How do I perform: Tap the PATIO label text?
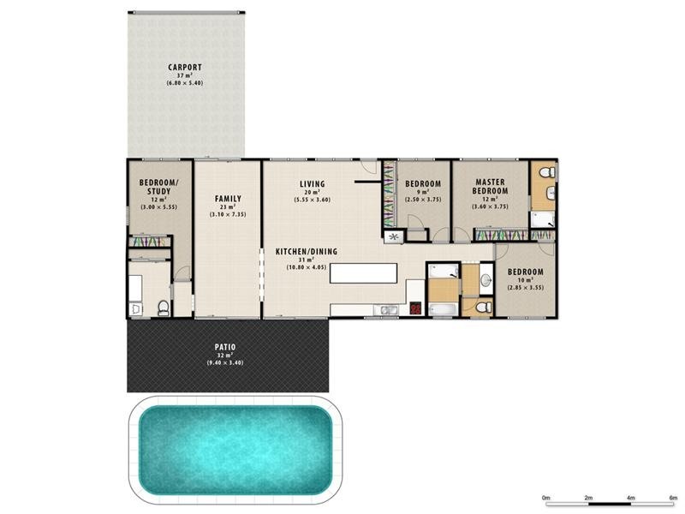point(224,347)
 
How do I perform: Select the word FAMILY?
point(227,198)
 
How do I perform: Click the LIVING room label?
point(312,184)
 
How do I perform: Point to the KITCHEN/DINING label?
point(306,252)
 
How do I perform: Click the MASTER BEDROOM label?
point(490,186)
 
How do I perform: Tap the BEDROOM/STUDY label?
point(159,187)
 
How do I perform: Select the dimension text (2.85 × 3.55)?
point(525,288)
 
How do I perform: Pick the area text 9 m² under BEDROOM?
point(422,193)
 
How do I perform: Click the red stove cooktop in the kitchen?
point(416,310)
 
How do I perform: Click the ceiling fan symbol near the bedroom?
point(394,236)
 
